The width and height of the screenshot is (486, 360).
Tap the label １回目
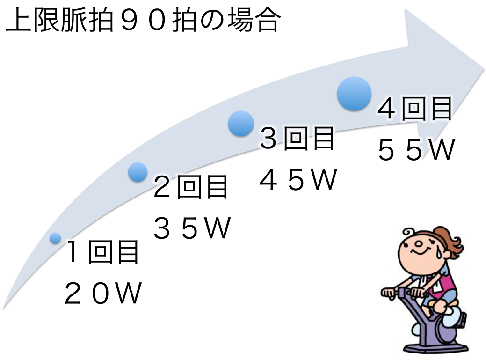pyautogui.click(x=103, y=253)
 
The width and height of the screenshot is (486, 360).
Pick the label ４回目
pyautogui.click(x=415, y=109)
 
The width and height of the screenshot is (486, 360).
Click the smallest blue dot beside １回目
pyautogui.click(x=55, y=238)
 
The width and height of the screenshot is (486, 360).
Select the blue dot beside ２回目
pyautogui.click(x=138, y=172)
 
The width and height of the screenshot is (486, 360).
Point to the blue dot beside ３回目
pyautogui.click(x=241, y=124)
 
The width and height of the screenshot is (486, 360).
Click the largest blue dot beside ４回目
pyautogui.click(x=354, y=94)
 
